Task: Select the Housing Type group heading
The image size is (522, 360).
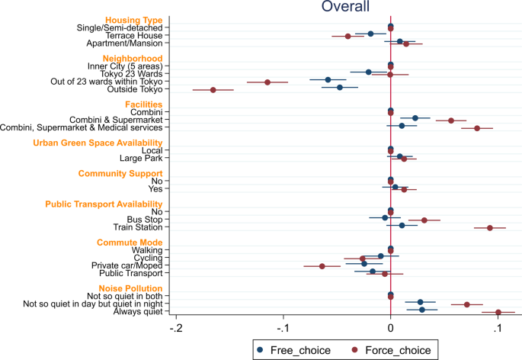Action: click(133, 19)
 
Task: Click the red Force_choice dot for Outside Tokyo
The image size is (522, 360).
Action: click(213, 90)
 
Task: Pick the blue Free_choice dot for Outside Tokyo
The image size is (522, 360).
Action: click(340, 88)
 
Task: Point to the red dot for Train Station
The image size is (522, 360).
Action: click(490, 228)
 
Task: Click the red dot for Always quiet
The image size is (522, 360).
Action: click(498, 313)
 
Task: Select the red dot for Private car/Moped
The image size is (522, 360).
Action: click(322, 266)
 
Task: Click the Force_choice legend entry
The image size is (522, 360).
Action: click(396, 350)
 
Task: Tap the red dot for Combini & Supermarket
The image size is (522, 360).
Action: click(451, 121)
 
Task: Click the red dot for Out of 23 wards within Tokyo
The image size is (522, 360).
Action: click(267, 82)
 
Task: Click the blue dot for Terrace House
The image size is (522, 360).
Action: click(371, 34)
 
